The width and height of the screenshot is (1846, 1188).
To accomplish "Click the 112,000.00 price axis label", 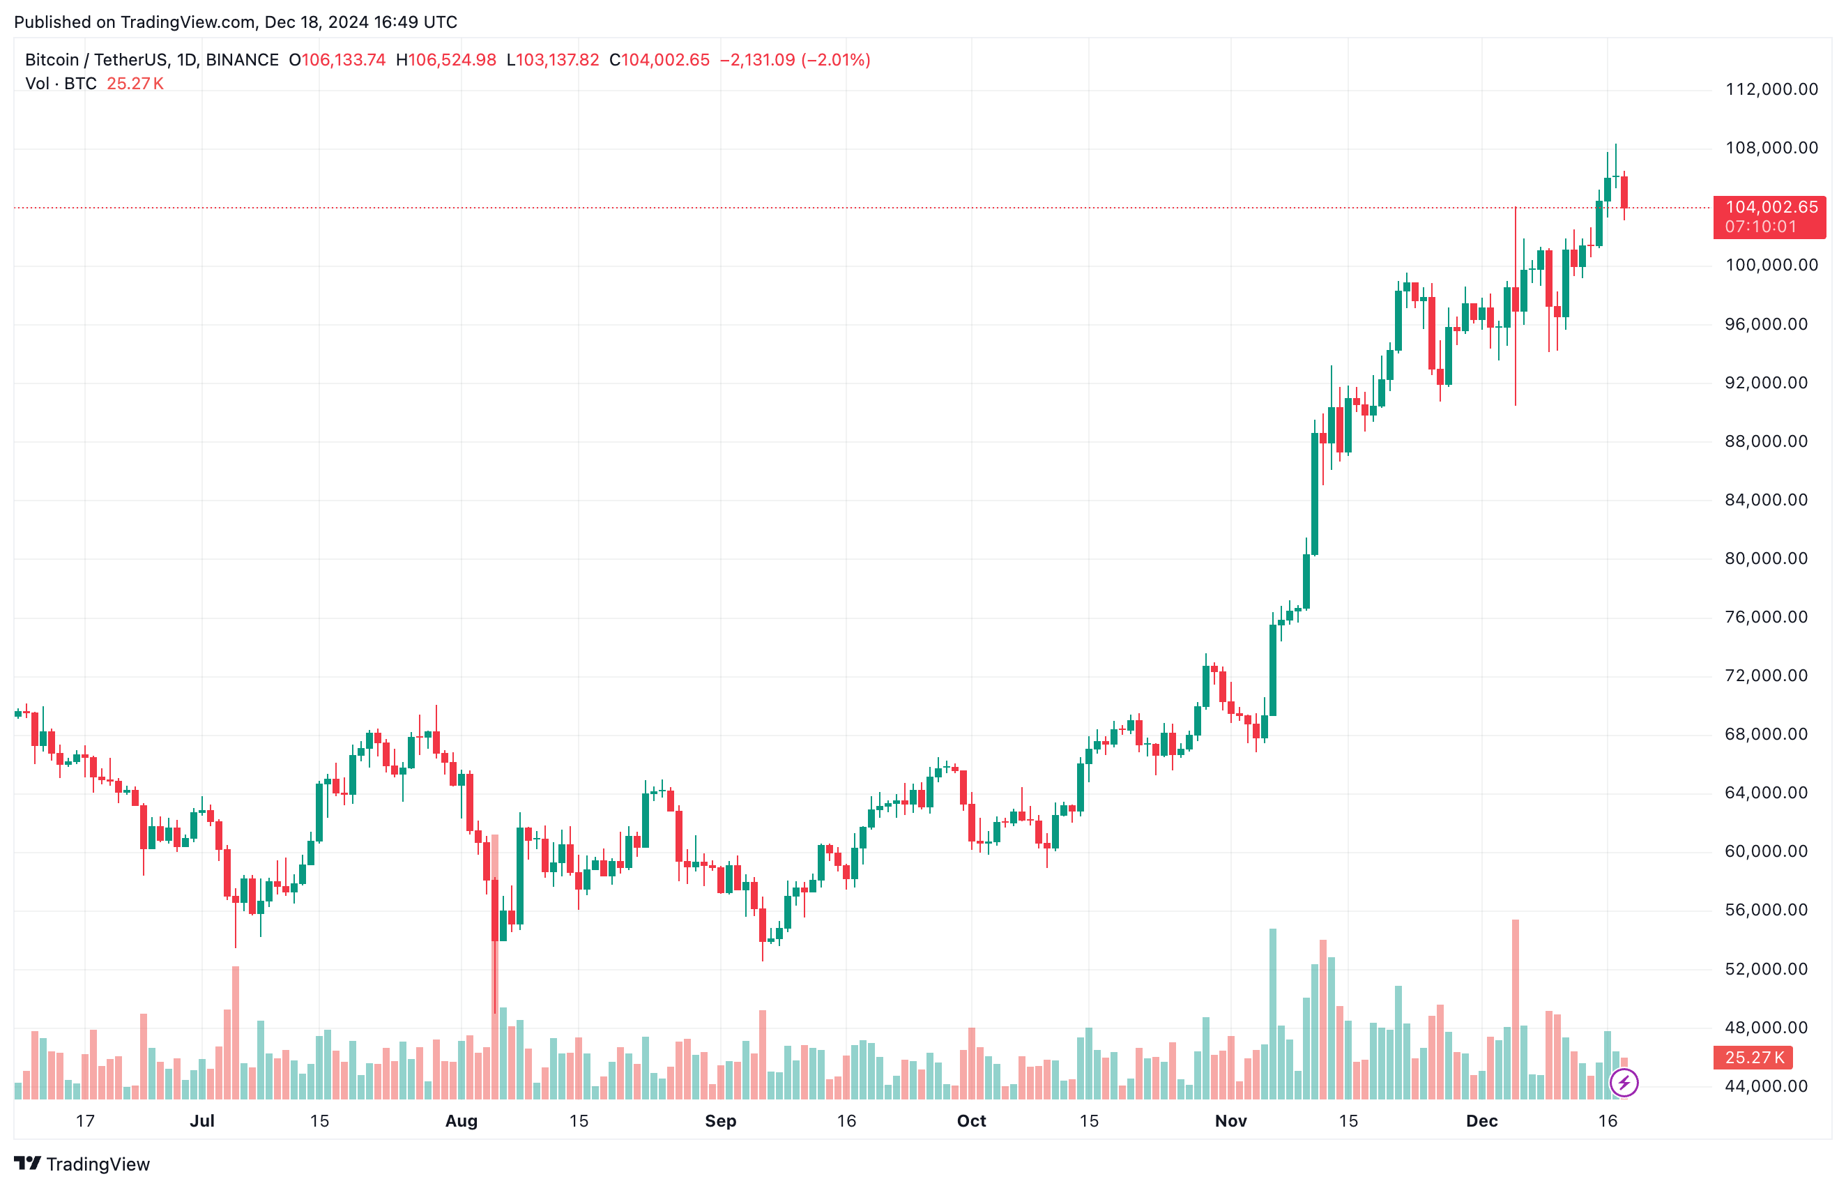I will [1771, 89].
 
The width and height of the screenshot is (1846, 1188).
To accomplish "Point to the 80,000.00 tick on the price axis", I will [1766, 558].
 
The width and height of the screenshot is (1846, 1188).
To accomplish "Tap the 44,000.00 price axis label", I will [1766, 1086].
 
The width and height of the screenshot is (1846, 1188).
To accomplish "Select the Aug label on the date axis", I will [462, 1121].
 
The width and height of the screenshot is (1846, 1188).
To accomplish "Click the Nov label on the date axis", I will [1230, 1121].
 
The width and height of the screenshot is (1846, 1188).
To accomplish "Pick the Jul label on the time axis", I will [202, 1121].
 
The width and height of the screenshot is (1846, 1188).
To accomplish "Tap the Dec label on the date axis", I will [1481, 1121].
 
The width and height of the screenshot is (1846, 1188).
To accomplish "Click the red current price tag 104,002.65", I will [1771, 208].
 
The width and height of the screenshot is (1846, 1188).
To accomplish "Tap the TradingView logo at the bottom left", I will [82, 1164].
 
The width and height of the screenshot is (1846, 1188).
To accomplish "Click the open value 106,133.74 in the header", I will [343, 60].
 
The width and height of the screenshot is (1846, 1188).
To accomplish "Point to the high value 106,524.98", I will [452, 60].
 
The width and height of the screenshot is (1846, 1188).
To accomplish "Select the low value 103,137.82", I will [557, 60].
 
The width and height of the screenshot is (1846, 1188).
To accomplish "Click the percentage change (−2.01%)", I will [837, 60].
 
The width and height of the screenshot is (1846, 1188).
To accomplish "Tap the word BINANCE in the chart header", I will [242, 60].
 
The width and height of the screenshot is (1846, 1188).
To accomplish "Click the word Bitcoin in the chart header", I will [52, 60].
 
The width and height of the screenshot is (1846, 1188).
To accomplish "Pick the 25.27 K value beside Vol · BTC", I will [135, 84].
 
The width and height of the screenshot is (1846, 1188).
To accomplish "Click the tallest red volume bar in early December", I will [1515, 1011].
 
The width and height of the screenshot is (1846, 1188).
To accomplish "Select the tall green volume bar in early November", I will [1273, 1014].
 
